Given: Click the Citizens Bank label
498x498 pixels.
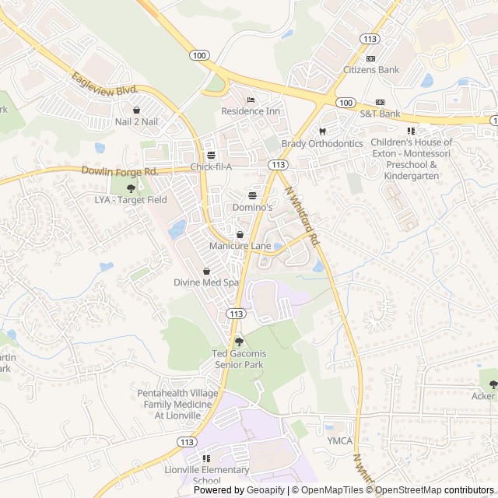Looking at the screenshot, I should pos(371,70).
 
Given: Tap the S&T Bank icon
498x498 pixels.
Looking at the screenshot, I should pos(380,103).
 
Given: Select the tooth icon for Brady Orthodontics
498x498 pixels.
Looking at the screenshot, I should pos(322,132).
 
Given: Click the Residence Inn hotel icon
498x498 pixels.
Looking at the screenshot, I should pos(250,100).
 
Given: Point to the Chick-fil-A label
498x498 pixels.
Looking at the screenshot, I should pos(211,167).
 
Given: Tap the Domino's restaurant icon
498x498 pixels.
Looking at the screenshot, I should pos(252,195).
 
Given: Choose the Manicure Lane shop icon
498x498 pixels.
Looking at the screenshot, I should pos(240,234).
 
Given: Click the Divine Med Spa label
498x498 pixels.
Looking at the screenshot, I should pos(206,282).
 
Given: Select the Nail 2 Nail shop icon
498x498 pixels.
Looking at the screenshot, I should pos(137,110).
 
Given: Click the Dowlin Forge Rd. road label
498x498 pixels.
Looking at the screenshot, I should pos(120,170).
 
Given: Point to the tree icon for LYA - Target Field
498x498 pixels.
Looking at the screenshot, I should pos(131,188).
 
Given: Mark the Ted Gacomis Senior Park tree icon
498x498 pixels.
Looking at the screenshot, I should pos(238,342).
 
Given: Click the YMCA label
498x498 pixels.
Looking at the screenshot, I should pos(339,441).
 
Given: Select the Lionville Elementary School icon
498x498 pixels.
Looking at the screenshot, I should pos(206,458).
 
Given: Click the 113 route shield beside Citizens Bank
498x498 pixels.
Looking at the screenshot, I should pos(370,38).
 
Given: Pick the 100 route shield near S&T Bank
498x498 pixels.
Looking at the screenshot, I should pos(345,103).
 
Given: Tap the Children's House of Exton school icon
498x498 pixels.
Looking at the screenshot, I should pos(411,131).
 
